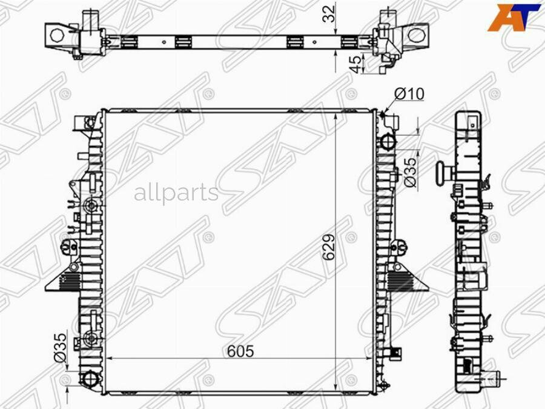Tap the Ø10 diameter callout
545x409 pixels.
point(409,93)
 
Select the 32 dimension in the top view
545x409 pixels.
point(329,14)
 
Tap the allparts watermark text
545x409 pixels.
point(176,193)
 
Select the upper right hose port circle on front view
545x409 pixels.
point(388,141)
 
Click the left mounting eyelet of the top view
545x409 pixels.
point(57,34)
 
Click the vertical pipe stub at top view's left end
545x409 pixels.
point(91,18)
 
